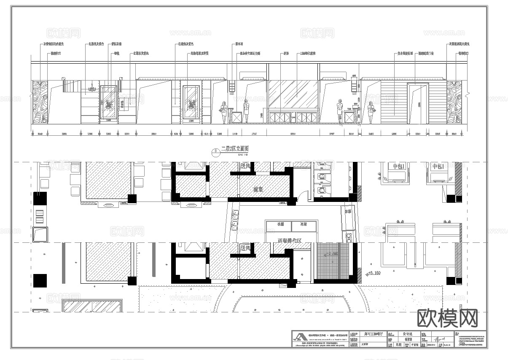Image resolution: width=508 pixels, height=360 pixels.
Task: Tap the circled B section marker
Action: pyautogui.click(x=216, y=151)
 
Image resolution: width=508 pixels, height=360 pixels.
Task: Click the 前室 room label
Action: pyautogui.click(x=258, y=190)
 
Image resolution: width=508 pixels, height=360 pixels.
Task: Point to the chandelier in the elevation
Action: pyautogui.click(x=91, y=89)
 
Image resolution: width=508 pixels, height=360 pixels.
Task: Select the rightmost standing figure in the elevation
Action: pyautogui.click(x=371, y=113)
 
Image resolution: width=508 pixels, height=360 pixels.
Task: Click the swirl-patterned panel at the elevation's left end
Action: pyautogui.click(x=40, y=102)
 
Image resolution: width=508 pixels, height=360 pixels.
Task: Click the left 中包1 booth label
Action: pyautogui.click(x=398, y=167)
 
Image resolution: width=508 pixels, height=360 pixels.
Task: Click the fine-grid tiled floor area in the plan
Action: pyautogui.click(x=333, y=261)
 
